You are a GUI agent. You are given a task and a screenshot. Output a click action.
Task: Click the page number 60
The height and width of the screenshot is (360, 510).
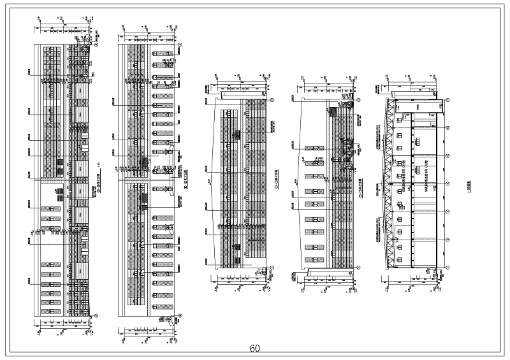(255, 349)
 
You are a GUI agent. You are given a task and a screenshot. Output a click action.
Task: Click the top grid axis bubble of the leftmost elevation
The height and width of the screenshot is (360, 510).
(96, 45)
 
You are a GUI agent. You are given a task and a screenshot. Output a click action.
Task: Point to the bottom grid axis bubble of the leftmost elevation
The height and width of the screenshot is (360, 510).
(96, 315)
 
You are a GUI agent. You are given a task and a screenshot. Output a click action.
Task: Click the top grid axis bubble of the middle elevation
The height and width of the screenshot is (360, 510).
(272, 99)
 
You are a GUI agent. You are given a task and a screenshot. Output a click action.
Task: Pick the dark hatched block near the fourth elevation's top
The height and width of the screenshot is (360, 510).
(347, 105)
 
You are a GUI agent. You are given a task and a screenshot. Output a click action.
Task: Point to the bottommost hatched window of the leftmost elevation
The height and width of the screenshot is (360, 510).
(47, 309)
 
